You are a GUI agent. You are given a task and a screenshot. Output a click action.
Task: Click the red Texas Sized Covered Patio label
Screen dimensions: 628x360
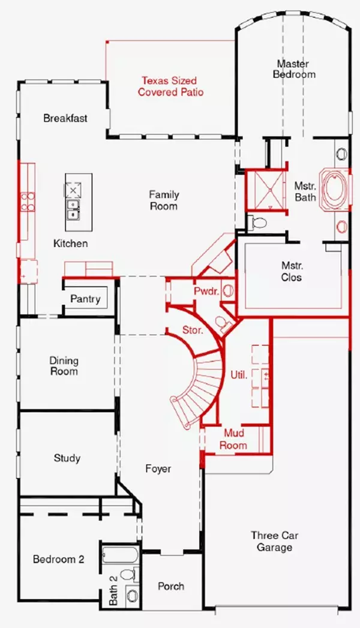coord(170,86)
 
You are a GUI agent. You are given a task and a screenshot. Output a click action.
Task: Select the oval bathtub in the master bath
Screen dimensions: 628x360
coord(331,189)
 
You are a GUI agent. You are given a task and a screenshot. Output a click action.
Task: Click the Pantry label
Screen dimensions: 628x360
coord(86,299)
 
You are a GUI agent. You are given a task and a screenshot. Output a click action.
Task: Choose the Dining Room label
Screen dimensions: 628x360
coord(64,366)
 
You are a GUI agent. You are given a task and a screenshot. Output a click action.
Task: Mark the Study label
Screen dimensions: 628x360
coord(67,458)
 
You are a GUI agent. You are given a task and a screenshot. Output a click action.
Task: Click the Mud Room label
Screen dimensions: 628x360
coord(235,439)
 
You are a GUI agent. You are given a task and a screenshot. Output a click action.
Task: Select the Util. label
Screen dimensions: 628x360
coord(238,374)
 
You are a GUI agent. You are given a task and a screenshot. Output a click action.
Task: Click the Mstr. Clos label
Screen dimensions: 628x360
coord(292,271)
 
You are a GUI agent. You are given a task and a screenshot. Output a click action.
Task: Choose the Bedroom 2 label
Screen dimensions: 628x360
coord(58,559)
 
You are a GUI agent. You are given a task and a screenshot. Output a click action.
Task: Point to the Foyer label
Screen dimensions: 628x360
coord(158,469)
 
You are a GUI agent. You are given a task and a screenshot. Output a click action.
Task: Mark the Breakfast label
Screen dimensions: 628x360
coord(65,118)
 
